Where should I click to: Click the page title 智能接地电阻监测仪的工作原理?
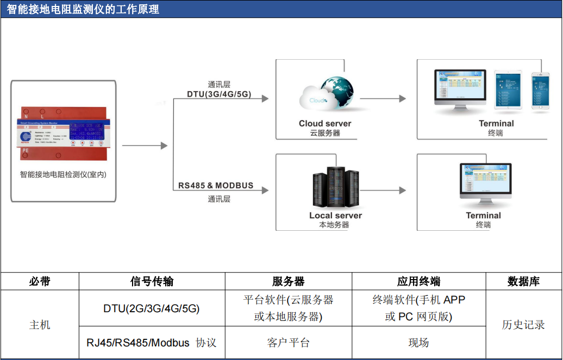(83, 9)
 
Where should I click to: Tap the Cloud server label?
(325, 123)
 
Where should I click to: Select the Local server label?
(335, 216)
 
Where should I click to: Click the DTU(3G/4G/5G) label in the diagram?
(219, 94)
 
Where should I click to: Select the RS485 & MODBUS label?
(216, 185)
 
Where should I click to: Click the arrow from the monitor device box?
(145, 146)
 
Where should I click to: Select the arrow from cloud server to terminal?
(383, 98)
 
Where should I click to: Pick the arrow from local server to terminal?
(383, 190)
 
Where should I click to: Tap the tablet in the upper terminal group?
(508, 91)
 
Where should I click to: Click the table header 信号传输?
(152, 281)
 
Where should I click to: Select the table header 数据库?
(523, 281)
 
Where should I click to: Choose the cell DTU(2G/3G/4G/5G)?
(152, 308)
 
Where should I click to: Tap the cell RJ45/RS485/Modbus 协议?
(152, 343)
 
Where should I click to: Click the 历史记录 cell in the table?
(523, 325)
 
